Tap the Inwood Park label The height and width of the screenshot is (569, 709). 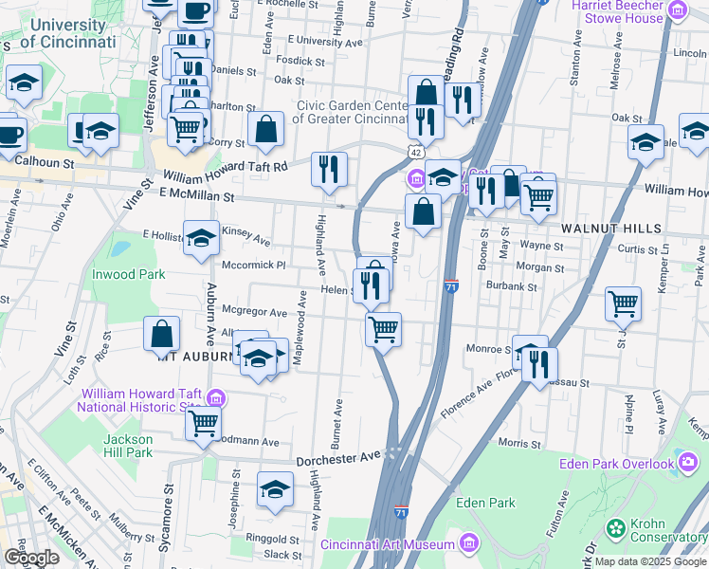tap(128, 275)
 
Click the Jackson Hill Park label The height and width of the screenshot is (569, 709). tap(128, 446)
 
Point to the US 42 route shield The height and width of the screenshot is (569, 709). tap(417, 152)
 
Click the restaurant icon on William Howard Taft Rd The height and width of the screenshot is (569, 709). tap(329, 169)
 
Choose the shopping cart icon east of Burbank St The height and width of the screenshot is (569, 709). tap(624, 303)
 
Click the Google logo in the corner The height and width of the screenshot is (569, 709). tap(31, 558)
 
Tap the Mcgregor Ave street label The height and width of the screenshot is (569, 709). tap(254, 312)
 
